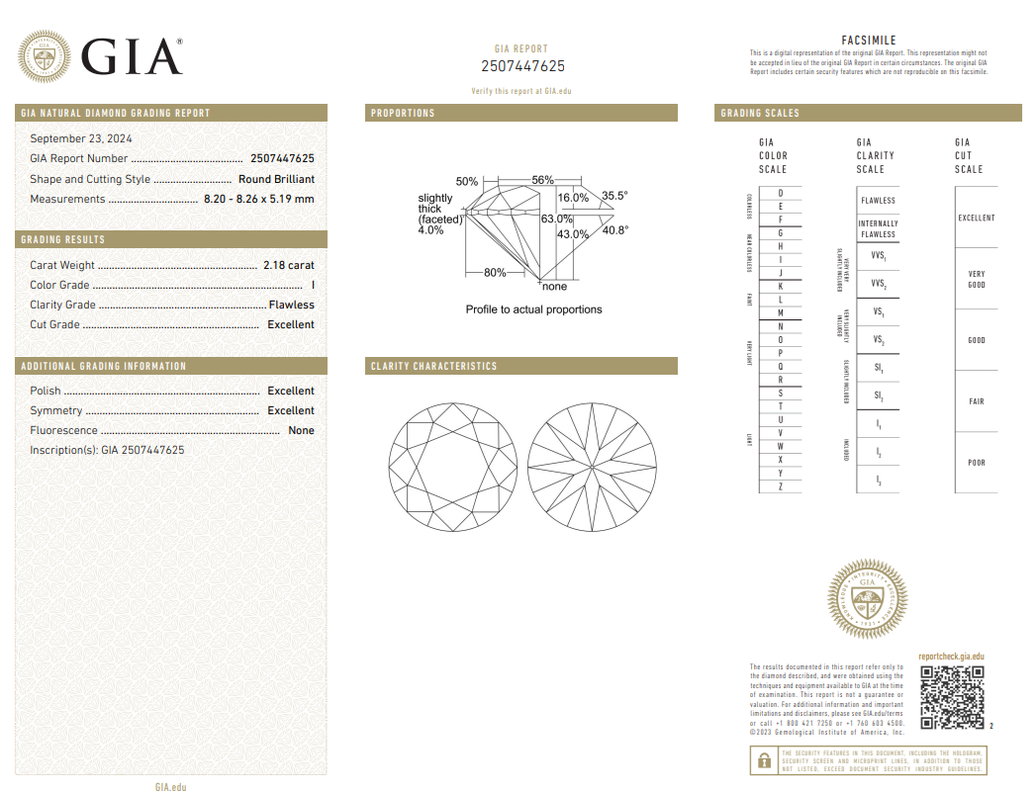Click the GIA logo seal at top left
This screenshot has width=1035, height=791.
pyautogui.click(x=45, y=57)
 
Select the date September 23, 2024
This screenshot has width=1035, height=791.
pyautogui.click(x=81, y=139)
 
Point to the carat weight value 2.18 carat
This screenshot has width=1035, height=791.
pyautogui.click(x=288, y=265)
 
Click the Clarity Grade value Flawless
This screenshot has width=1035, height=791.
pyautogui.click(x=291, y=305)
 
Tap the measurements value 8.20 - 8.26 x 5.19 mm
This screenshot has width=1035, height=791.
pyautogui.click(x=258, y=199)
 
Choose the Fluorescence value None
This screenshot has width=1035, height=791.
pyautogui.click(x=301, y=430)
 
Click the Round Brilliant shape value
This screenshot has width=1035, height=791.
pyautogui.click(x=276, y=179)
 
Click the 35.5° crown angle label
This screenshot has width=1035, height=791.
pyautogui.click(x=614, y=196)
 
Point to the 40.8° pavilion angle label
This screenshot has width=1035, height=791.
pyautogui.click(x=614, y=230)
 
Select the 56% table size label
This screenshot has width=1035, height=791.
pyautogui.click(x=542, y=180)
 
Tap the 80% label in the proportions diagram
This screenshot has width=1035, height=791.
pyautogui.click(x=495, y=273)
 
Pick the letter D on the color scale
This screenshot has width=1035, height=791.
pyautogui.click(x=781, y=193)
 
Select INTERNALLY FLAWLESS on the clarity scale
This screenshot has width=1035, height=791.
pyautogui.click(x=878, y=229)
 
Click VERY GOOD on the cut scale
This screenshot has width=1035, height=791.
pyautogui.click(x=976, y=279)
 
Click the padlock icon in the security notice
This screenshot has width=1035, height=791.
pyautogui.click(x=764, y=760)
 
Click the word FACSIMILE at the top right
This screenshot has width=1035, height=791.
pyautogui.click(x=868, y=41)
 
